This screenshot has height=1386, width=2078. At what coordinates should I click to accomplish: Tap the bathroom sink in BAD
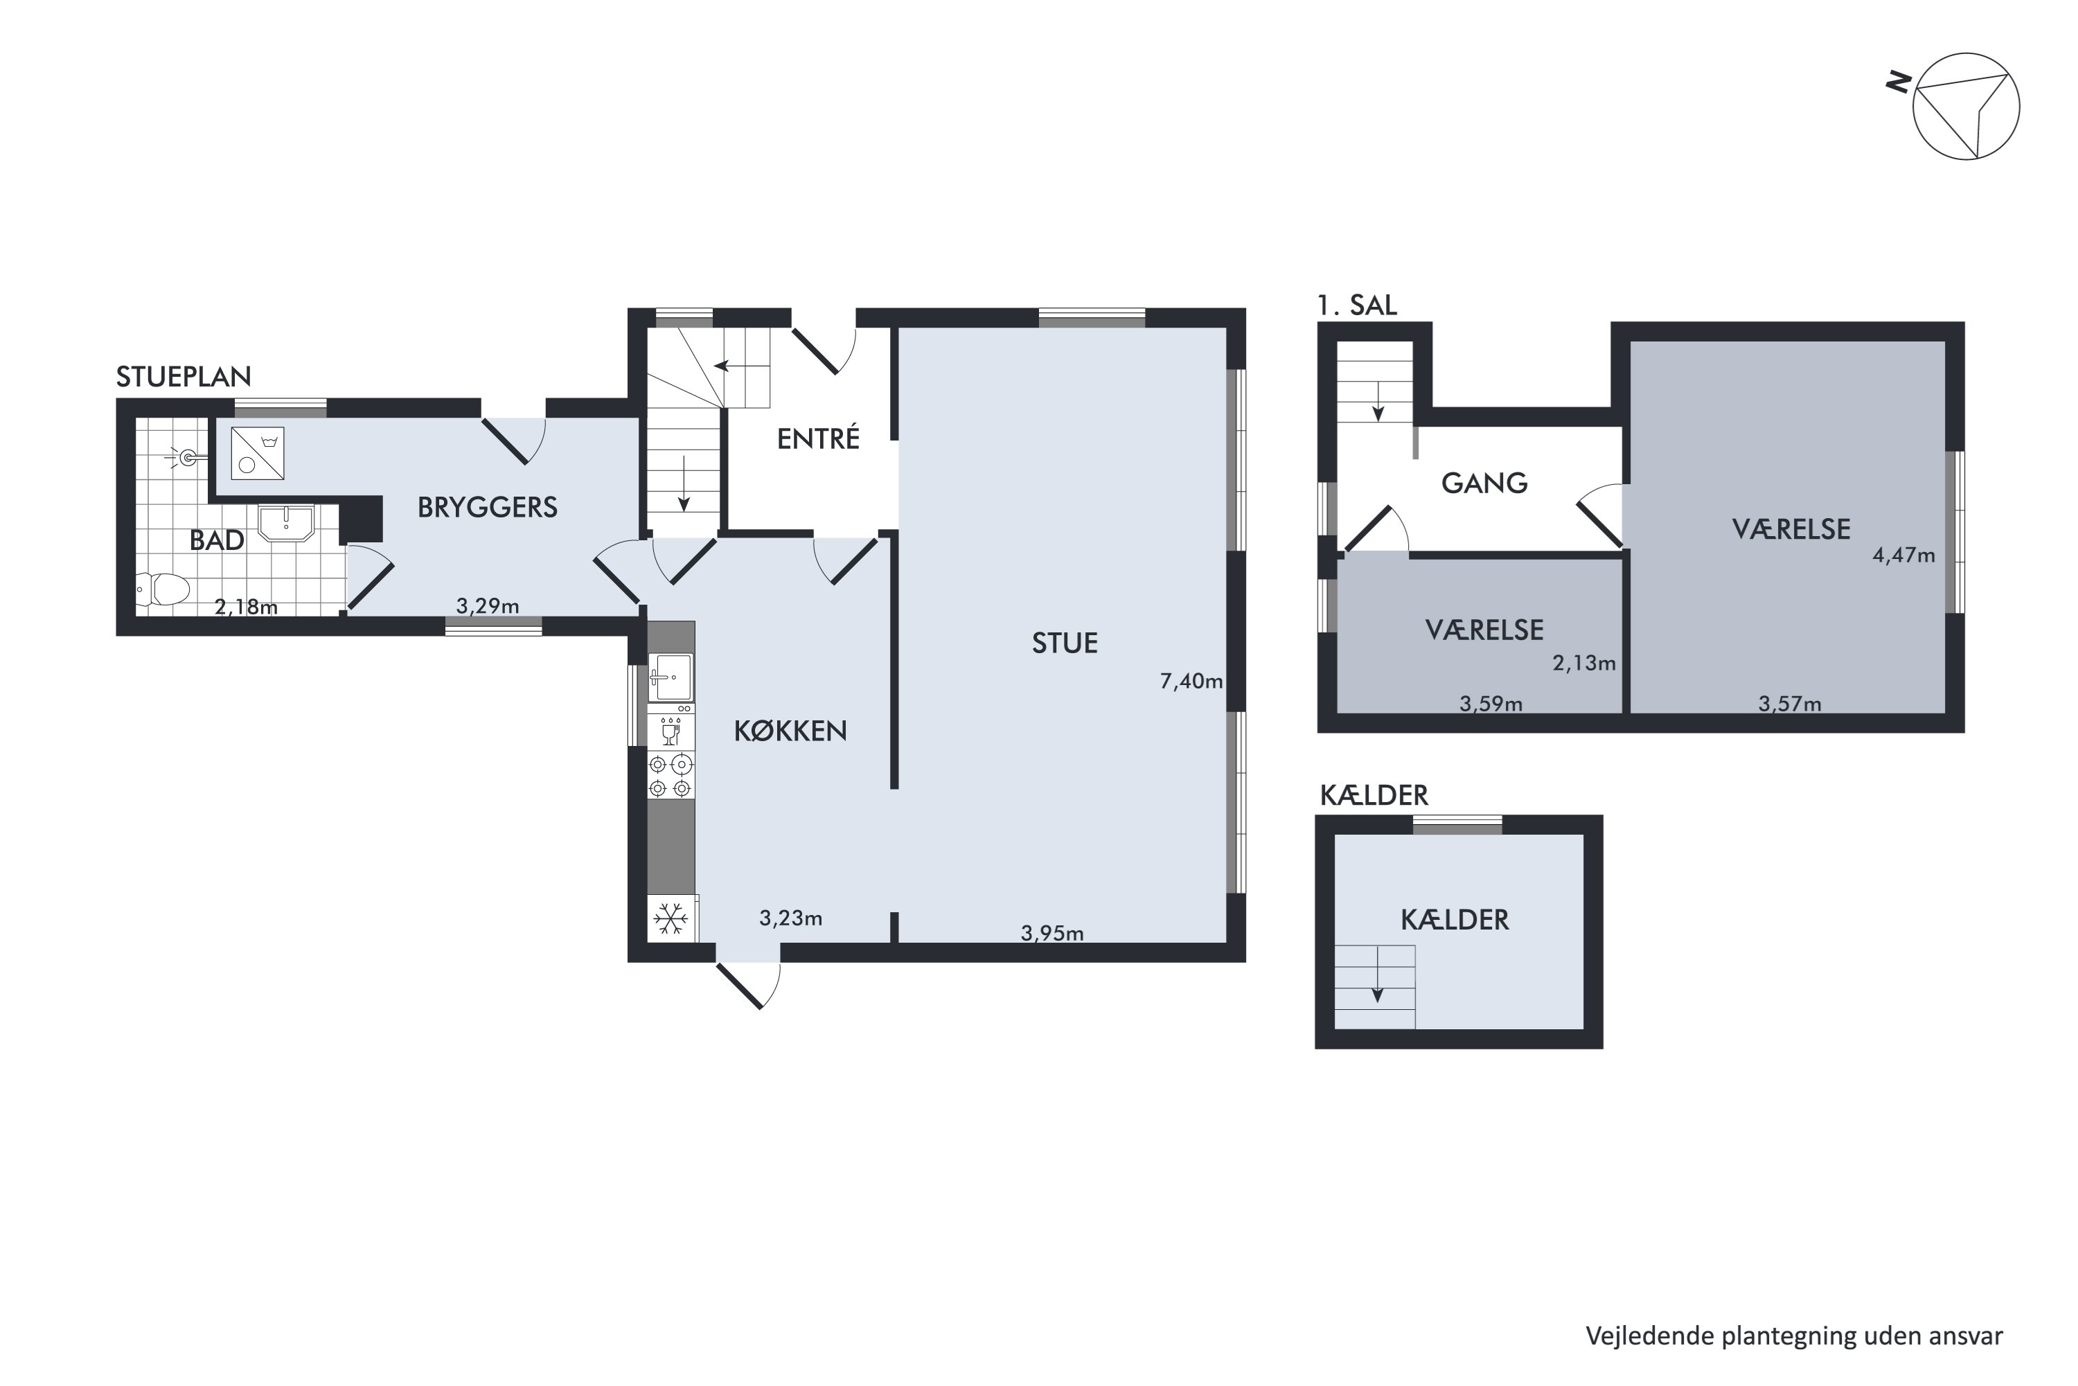(285, 522)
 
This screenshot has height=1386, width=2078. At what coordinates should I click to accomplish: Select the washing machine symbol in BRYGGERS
(257, 454)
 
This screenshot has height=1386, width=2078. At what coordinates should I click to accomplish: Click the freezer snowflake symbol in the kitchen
(671, 919)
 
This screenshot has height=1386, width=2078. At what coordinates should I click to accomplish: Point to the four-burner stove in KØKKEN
(671, 775)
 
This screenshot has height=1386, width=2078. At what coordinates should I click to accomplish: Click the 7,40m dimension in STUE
(1191, 681)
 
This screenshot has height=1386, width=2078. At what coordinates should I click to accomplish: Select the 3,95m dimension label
(1052, 932)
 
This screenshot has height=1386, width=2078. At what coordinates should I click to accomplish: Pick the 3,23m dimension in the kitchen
(790, 918)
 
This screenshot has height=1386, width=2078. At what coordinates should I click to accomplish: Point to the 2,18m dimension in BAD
(246, 606)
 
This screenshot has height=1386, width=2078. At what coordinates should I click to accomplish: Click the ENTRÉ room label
(817, 438)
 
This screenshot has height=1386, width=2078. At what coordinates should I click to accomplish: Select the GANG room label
(1484, 483)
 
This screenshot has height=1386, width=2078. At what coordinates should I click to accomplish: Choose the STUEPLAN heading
(184, 377)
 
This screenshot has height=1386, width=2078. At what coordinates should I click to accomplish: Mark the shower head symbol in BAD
(185, 458)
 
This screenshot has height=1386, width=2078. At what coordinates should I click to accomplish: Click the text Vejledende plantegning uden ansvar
(1794, 1335)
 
